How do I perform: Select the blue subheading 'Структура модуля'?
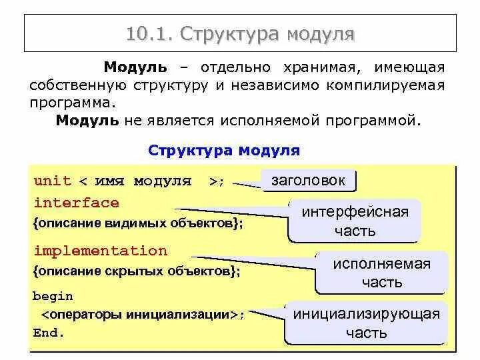coord(224,150)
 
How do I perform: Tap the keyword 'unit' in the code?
coord(52,181)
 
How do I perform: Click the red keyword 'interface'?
coord(76,203)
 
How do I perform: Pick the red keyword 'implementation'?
coord(100,251)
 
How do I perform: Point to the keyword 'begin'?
coord(53,296)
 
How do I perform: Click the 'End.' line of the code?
coord(49,333)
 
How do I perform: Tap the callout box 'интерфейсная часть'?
coord(355,221)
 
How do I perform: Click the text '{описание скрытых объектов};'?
coord(136,272)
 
